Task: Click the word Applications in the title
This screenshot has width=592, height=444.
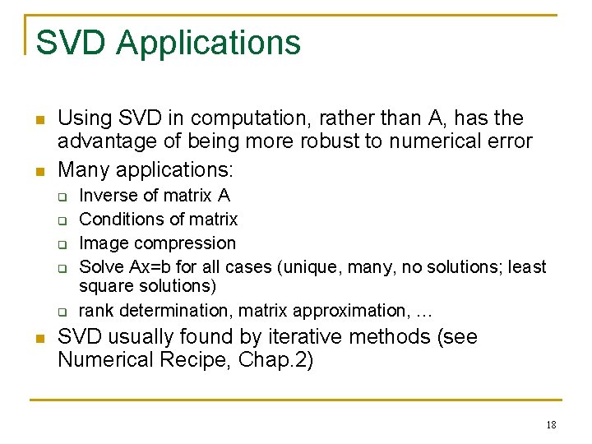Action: (x=209, y=43)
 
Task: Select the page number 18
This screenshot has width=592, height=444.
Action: (x=550, y=425)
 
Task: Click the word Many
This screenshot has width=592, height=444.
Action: (x=84, y=170)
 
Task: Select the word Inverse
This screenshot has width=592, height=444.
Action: (x=104, y=196)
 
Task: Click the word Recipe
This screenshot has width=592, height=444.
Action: (x=190, y=360)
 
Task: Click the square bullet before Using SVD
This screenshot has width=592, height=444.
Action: (x=39, y=120)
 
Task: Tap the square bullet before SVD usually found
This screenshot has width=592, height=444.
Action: (x=39, y=338)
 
